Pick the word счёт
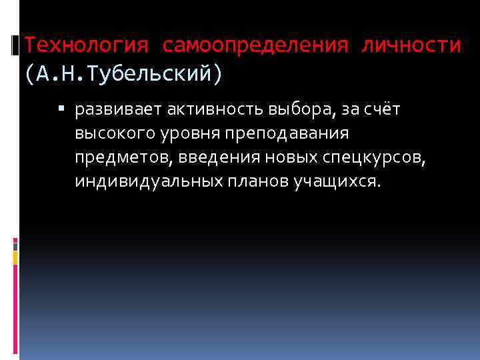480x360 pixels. pos(382,109)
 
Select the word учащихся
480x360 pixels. pos(338,181)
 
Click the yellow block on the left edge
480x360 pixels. pos(14,257)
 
